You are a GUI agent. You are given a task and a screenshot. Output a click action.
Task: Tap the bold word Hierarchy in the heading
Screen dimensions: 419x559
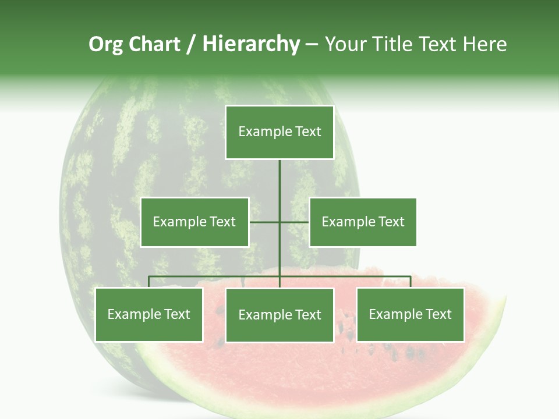[x=251, y=44]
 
